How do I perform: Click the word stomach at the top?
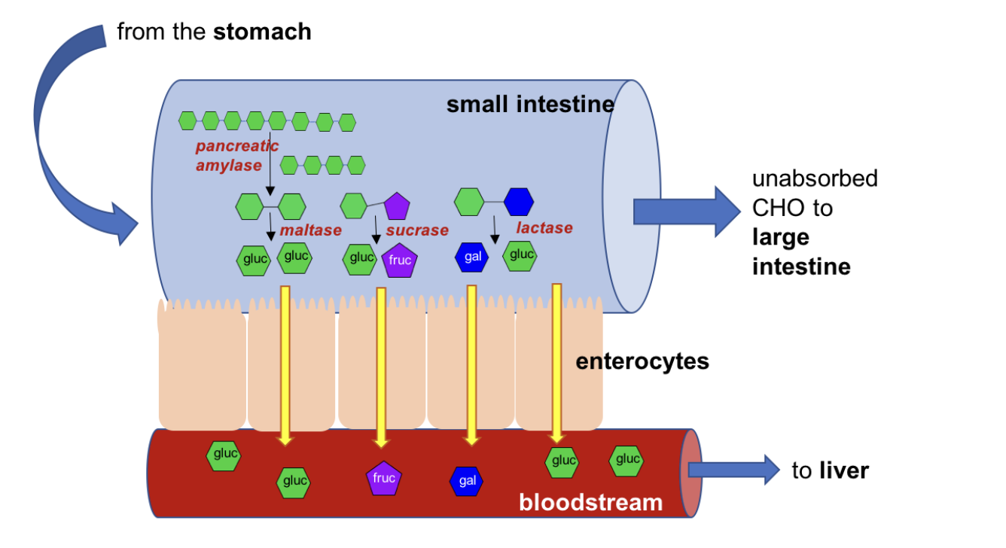(262, 32)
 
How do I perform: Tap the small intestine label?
(530, 104)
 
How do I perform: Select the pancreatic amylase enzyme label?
(236, 155)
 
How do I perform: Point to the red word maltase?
(310, 230)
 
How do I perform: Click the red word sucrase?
(417, 230)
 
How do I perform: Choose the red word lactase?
(544, 227)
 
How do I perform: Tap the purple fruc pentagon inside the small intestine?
(400, 260)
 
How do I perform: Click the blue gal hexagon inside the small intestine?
(472, 257)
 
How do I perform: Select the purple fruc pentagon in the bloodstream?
(384, 478)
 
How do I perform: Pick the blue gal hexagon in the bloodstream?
(467, 481)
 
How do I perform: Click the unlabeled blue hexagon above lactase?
(518, 202)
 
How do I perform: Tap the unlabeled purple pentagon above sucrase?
(397, 206)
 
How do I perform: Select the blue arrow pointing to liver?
(733, 470)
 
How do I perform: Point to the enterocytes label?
(642, 361)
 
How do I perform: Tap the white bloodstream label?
(590, 501)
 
